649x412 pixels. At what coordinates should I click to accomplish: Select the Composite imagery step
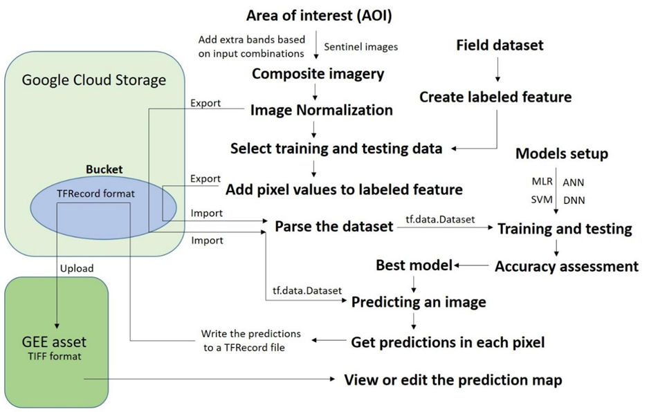click(x=318, y=73)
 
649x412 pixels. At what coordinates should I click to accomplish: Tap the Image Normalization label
click(x=321, y=110)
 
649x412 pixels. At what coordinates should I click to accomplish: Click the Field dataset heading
click(x=500, y=46)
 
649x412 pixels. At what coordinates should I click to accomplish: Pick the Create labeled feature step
click(x=495, y=97)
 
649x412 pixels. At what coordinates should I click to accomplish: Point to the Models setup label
click(x=563, y=153)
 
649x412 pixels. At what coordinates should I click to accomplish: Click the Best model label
click(x=413, y=265)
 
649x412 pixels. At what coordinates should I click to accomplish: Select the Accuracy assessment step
click(x=566, y=266)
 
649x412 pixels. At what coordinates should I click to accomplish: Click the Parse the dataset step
click(x=334, y=227)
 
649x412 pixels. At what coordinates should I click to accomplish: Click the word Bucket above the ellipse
click(x=104, y=169)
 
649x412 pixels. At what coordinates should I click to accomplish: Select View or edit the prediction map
click(x=453, y=380)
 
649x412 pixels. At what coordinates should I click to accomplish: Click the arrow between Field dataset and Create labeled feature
click(x=496, y=71)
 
